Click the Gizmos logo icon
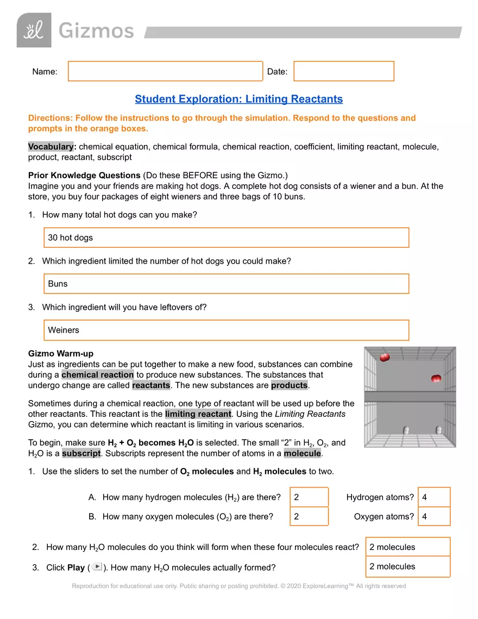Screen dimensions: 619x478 tap(34, 30)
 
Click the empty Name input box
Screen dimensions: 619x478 tap(165, 71)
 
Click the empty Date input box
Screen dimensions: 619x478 tap(343, 71)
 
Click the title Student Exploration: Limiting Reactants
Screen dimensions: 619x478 tap(238, 99)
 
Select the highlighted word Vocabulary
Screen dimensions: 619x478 tap(51, 147)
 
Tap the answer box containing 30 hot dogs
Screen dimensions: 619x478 tap(226, 237)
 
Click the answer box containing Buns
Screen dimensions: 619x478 tap(226, 284)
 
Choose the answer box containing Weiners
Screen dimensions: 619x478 tap(226, 330)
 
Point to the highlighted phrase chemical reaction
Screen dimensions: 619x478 tap(98, 374)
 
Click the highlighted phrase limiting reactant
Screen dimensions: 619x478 tap(198, 414)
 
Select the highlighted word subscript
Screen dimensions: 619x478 tap(81, 453)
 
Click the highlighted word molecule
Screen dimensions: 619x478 tap(302, 453)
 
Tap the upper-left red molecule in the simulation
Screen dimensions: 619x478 tap(385, 357)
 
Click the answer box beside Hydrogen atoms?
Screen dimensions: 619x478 tap(434, 497)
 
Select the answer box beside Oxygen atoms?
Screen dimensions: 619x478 tap(434, 516)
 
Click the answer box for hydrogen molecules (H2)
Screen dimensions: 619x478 tap(309, 497)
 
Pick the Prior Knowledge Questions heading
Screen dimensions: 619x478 tap(84, 175)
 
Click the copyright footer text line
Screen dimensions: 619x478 tap(238, 586)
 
